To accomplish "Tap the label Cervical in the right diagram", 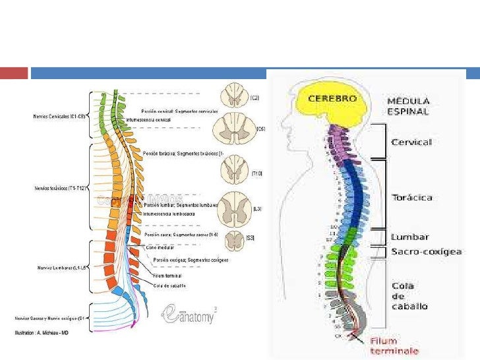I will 412,142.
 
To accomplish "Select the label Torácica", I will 412,197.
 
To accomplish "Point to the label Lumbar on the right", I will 410,237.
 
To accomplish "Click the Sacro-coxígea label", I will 427,251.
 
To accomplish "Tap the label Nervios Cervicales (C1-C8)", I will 59,117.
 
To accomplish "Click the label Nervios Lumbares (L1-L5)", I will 59,268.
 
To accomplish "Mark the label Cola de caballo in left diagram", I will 169,285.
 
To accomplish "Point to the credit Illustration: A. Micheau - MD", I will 42,332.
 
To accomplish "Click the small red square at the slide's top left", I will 14,73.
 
